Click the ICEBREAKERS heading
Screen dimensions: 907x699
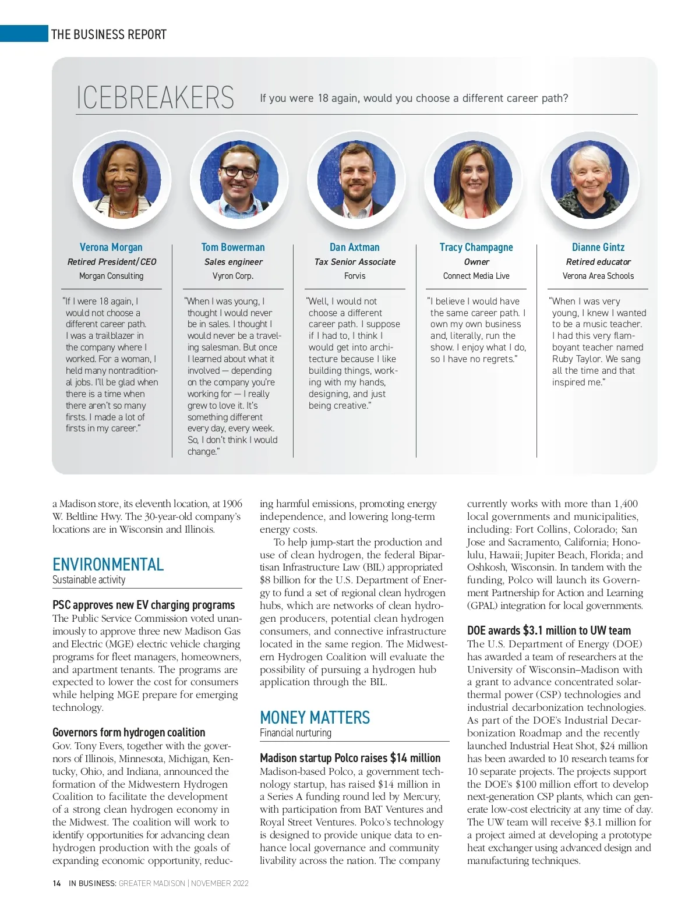155,97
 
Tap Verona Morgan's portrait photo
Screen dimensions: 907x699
122,180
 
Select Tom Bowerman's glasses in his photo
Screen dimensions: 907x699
239,172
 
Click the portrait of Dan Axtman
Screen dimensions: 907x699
355,180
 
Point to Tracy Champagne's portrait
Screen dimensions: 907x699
474,180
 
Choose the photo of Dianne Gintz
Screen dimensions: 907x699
589,180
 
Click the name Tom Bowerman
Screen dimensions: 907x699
233,247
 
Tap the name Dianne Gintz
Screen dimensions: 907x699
598,247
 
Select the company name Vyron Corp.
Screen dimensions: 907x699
233,276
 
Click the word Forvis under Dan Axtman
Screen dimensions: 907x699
355,276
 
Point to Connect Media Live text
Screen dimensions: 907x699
476,276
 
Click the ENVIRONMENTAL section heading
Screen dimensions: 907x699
108,564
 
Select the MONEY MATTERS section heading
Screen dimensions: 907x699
315,717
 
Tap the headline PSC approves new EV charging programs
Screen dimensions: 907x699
144,605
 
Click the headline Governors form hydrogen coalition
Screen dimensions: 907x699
129,732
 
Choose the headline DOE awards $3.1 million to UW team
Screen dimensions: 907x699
549,630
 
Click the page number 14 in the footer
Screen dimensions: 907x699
57,883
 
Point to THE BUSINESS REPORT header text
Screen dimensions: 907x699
109,34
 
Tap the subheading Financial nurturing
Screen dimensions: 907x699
295,733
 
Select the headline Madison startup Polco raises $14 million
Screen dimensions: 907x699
350,758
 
